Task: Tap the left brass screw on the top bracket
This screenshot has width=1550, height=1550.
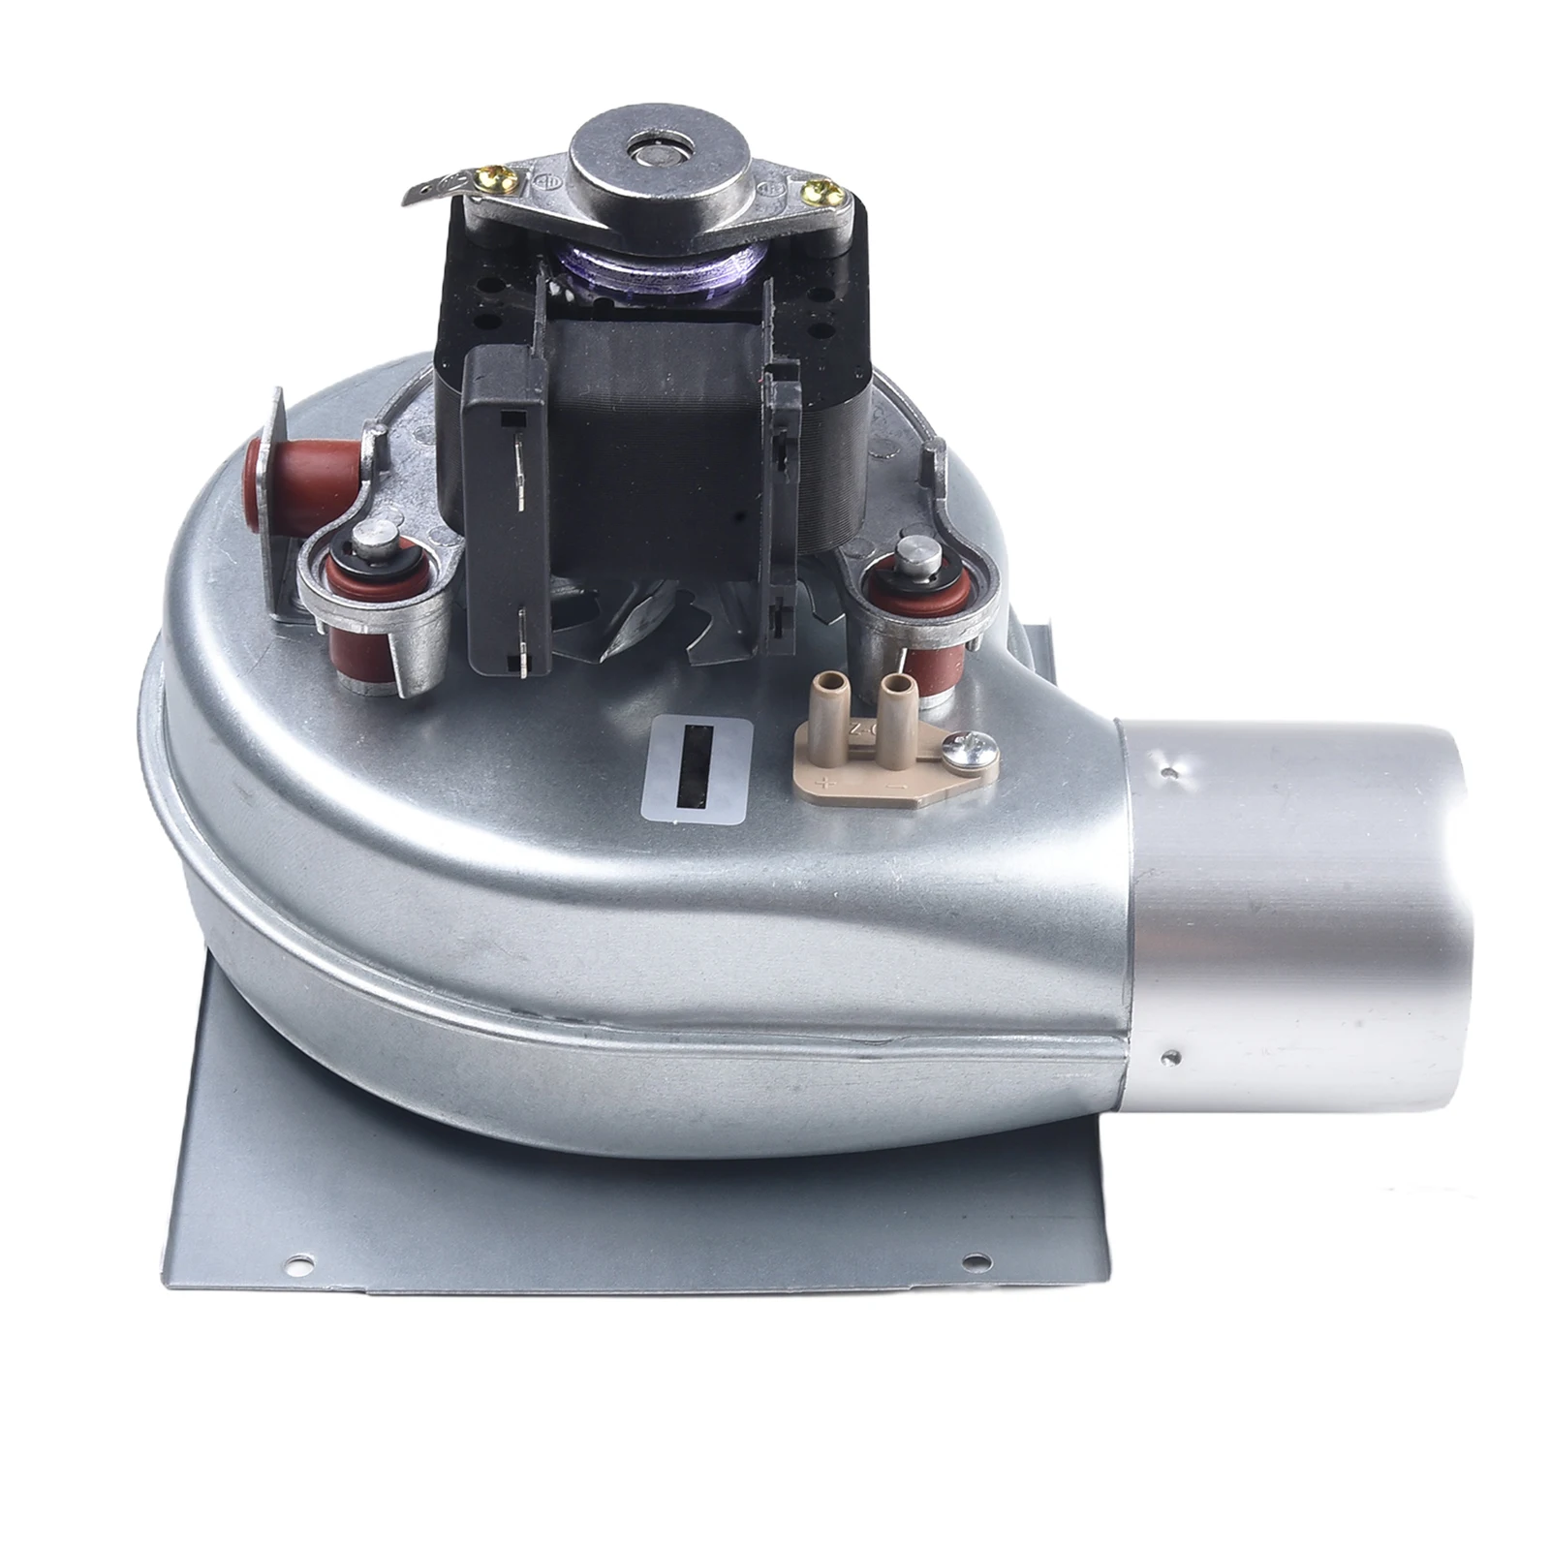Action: [529, 176]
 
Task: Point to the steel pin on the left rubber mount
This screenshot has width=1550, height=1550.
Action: [376, 536]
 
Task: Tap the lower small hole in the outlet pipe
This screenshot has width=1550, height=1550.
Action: [1173, 1056]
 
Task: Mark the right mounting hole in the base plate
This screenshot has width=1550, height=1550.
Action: [976, 1261]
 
